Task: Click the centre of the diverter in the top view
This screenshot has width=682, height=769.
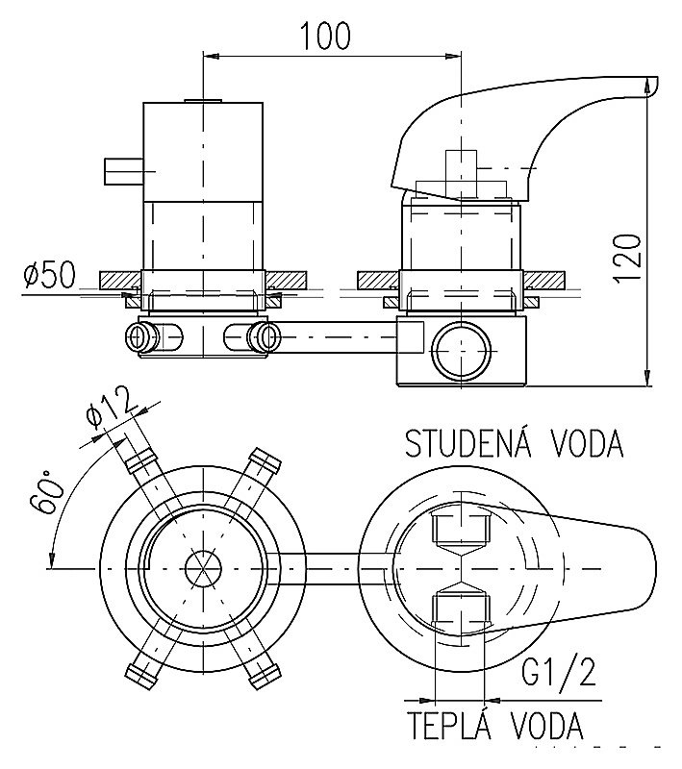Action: [x=202, y=566]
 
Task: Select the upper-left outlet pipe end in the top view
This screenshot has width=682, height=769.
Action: [x=134, y=448]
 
